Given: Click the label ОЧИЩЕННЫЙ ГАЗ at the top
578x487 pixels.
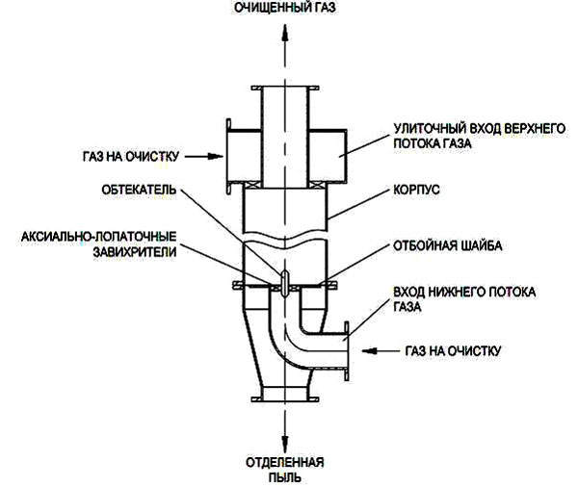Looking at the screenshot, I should coord(285,9).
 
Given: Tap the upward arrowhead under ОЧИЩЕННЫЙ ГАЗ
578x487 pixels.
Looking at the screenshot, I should coord(285,32).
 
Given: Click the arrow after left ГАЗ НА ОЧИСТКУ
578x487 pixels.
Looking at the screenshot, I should coord(200,154).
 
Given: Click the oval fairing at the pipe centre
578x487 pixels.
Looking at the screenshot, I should coord(285,279).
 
